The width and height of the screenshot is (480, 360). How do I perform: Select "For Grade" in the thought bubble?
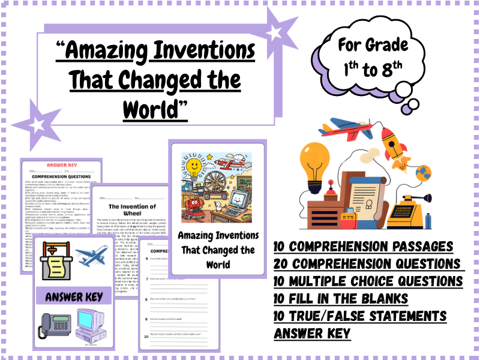pos(373,46)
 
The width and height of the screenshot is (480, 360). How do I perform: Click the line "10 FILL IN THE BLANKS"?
pos(341,299)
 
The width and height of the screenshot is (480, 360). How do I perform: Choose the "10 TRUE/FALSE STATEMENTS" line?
pos(360,316)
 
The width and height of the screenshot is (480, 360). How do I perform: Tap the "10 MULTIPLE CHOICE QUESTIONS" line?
pos(368,281)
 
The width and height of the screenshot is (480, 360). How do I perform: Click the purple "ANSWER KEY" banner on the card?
pos(72,296)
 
